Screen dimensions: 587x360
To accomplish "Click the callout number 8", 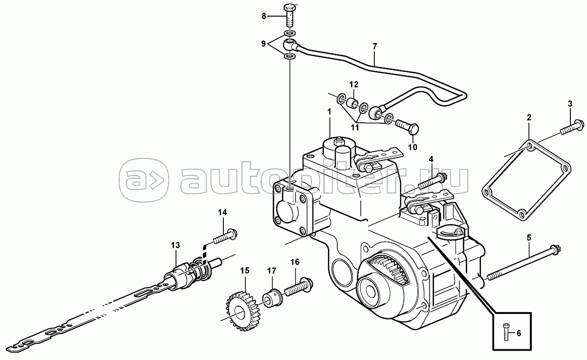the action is pyautogui.click(x=263, y=16).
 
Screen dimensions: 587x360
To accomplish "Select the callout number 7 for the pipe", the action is pyautogui.click(x=375, y=46).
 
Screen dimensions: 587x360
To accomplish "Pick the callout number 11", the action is pyautogui.click(x=355, y=128).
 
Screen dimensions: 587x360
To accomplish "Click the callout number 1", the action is pyautogui.click(x=329, y=112).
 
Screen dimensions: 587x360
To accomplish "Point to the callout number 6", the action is pyautogui.click(x=519, y=333).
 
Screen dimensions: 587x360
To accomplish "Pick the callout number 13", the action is pyautogui.click(x=175, y=245).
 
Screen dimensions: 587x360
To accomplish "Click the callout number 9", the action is pyautogui.click(x=263, y=44).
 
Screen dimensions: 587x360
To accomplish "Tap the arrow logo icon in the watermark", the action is pyautogui.click(x=144, y=180).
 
